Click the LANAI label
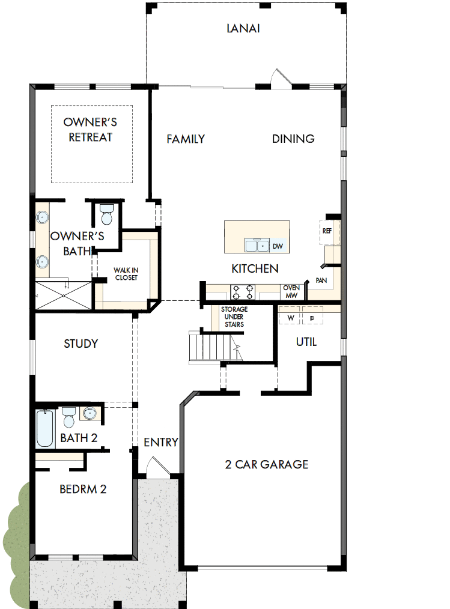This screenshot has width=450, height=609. pyautogui.click(x=243, y=28)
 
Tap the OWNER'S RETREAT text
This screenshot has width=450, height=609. pyautogui.click(x=90, y=130)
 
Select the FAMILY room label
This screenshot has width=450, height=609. pyautogui.click(x=186, y=139)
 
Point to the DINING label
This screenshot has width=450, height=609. pyautogui.click(x=293, y=139)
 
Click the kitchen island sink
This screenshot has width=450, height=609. pyautogui.click(x=257, y=246)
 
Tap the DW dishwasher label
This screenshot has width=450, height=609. pyautogui.click(x=278, y=246)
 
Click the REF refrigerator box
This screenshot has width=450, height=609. pyautogui.click(x=328, y=231)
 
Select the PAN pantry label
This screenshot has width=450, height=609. pyautogui.click(x=321, y=280)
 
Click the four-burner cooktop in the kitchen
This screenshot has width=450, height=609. pyautogui.click(x=243, y=292)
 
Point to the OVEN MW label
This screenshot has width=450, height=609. pyautogui.click(x=291, y=292)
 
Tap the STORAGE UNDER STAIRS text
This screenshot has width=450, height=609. pyautogui.click(x=234, y=317)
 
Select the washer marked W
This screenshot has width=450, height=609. pyautogui.click(x=291, y=317)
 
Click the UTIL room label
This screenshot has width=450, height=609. pyautogui.click(x=306, y=342)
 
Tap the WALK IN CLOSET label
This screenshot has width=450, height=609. pyautogui.click(x=126, y=274)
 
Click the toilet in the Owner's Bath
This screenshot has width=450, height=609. pyautogui.click(x=107, y=214)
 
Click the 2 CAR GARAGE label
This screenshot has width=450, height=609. pyautogui.click(x=267, y=464)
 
